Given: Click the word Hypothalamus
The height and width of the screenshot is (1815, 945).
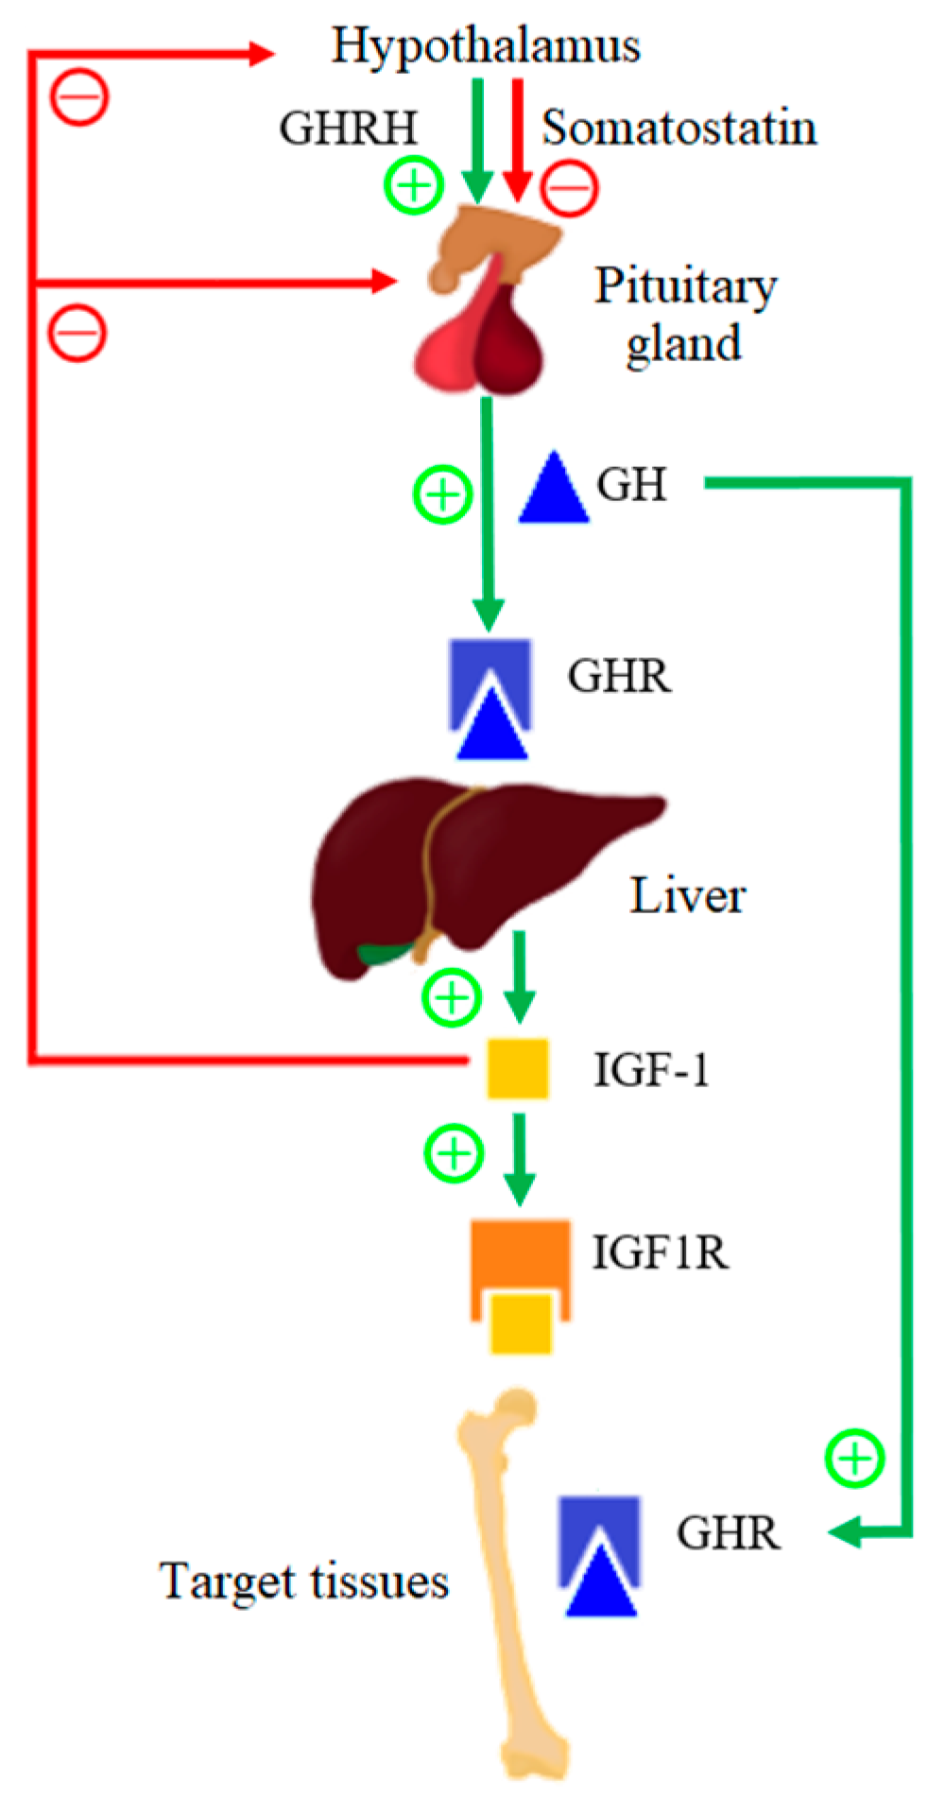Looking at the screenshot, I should [x=486, y=45].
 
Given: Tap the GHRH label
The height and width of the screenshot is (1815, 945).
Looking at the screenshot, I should [x=348, y=128].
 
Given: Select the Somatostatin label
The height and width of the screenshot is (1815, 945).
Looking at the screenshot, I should [x=679, y=128].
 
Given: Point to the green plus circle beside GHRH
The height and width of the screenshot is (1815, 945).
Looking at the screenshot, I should [x=414, y=185].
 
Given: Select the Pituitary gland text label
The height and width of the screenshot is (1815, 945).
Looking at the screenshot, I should [x=685, y=314].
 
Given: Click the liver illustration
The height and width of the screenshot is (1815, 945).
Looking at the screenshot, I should [x=472, y=865].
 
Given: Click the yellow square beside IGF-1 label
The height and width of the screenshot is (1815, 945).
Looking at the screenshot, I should [x=517, y=1069].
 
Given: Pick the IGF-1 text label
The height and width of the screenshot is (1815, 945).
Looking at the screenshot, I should [x=651, y=1070].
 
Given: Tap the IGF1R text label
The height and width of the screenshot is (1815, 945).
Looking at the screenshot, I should [x=660, y=1253].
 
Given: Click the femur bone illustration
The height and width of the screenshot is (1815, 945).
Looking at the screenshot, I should [x=515, y=1588].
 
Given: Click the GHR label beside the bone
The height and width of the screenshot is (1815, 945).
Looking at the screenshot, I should [x=728, y=1532].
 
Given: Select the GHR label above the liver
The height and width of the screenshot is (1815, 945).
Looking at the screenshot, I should [x=619, y=676].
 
